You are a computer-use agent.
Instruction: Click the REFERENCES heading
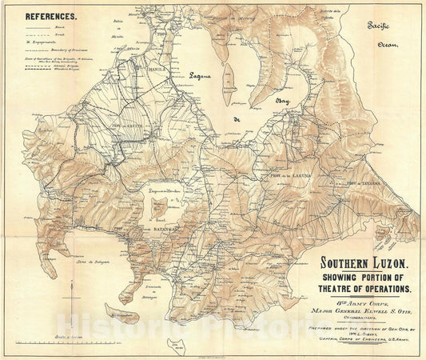(x=52, y=15)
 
